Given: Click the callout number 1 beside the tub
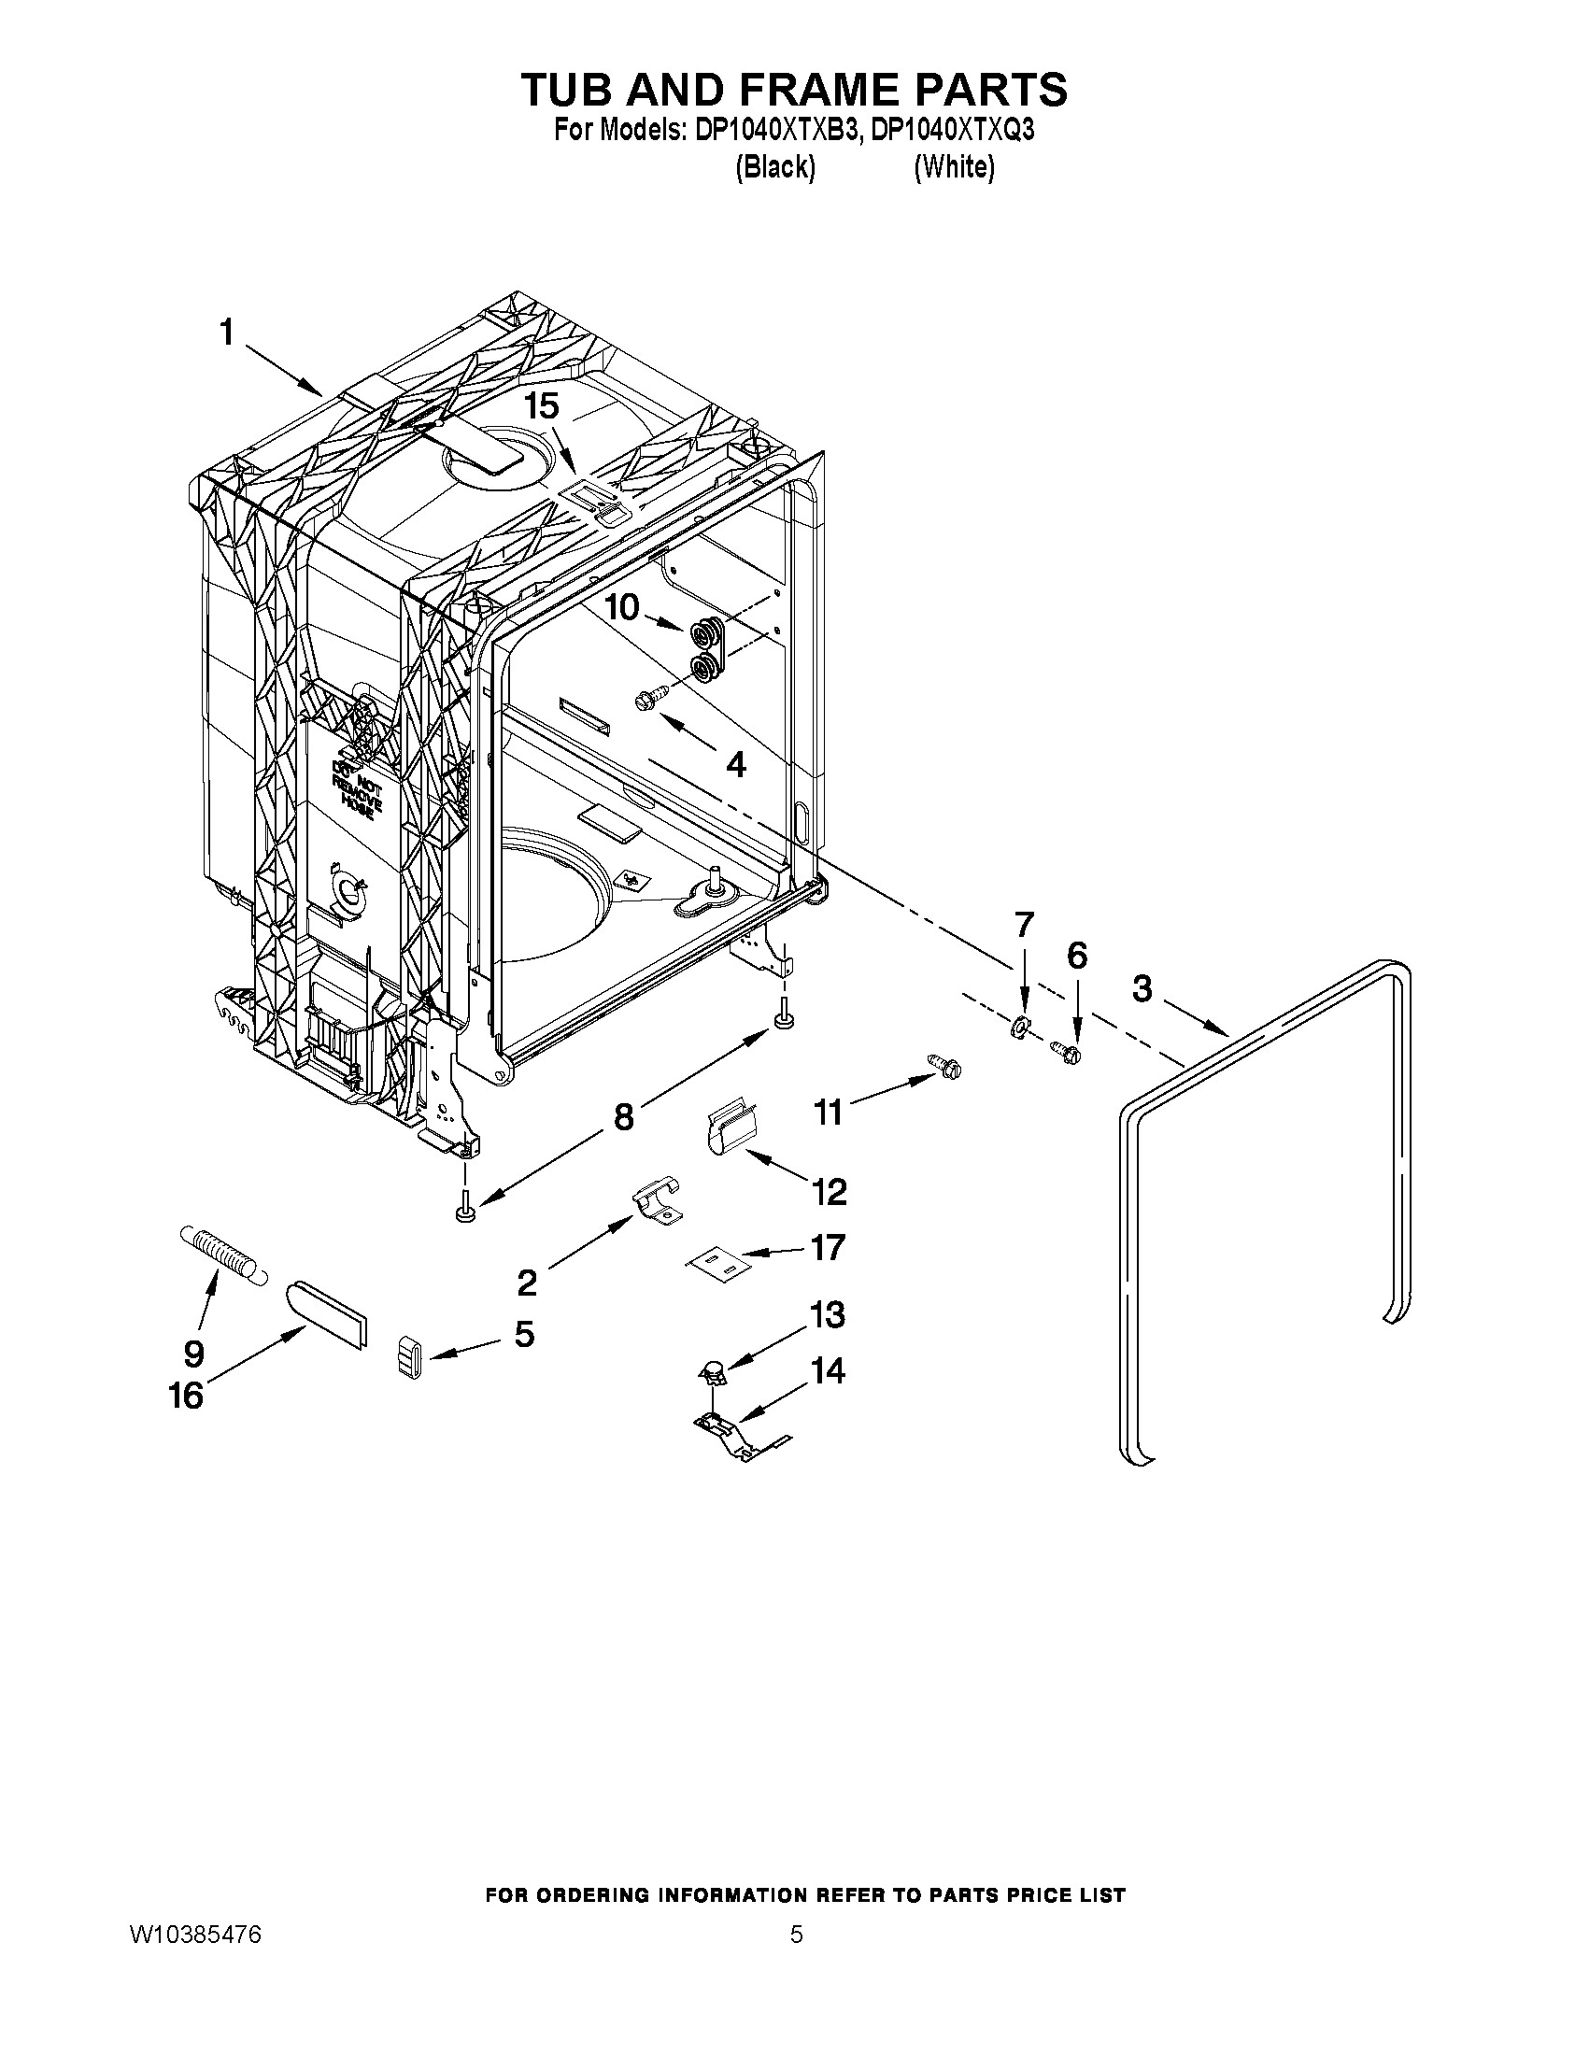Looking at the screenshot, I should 226,333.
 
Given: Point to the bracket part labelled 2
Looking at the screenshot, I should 657,1203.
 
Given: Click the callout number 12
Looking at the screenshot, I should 830,1193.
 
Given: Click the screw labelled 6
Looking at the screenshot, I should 1068,1052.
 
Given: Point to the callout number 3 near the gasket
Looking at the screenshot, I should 1142,989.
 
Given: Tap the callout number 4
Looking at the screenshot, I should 736,764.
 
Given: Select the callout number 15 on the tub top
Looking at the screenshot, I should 542,406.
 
